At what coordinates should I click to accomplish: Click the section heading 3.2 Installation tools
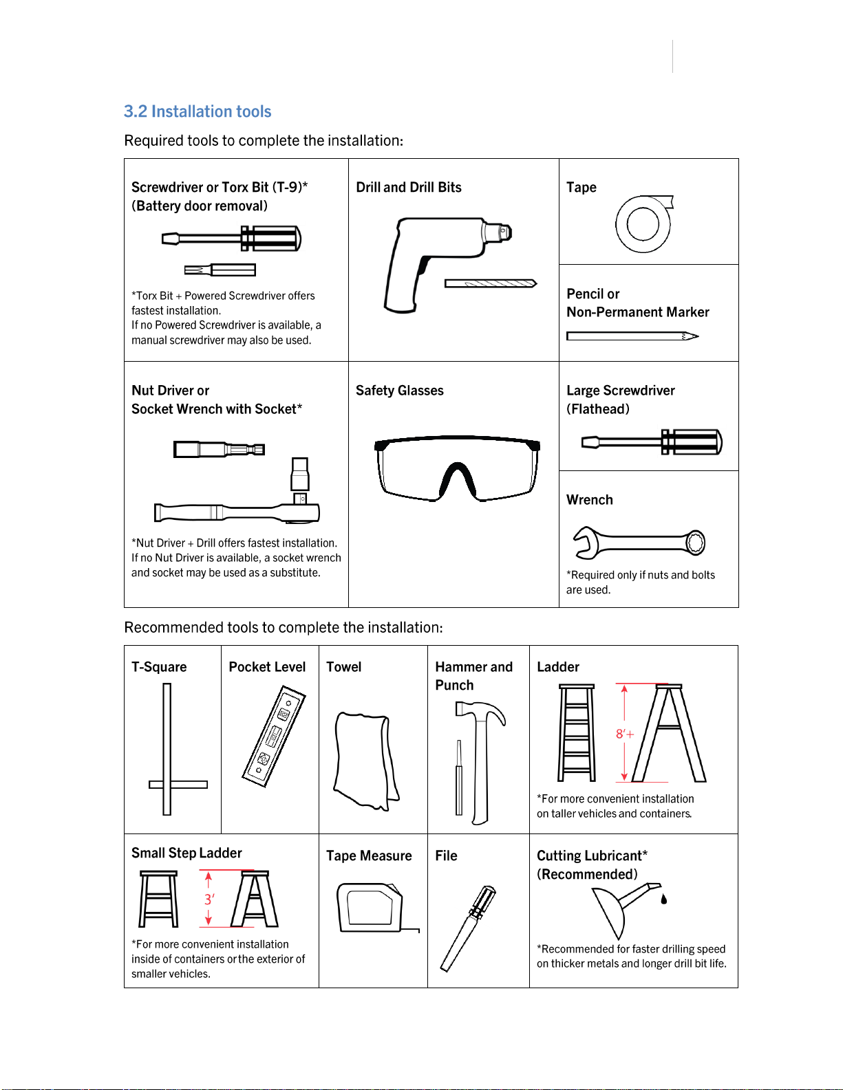[198, 111]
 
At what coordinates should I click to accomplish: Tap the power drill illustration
[434, 258]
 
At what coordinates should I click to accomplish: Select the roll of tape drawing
[643, 224]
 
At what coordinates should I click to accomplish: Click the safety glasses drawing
[456, 468]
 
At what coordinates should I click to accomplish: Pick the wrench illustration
[639, 543]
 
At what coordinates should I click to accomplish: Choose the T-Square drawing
[168, 750]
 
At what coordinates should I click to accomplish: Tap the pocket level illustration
[274, 736]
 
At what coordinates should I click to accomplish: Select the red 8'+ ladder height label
[624, 734]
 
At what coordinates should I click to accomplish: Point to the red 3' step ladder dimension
[209, 899]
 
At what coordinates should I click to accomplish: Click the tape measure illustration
[372, 908]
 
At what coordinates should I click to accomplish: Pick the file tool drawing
[468, 928]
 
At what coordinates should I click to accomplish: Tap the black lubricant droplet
[664, 899]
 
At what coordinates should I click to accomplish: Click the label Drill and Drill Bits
[409, 187]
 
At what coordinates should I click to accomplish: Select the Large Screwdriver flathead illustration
[651, 442]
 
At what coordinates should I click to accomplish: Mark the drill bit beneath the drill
[490, 283]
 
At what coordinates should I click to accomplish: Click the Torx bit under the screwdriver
[220, 270]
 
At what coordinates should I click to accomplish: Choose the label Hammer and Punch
[473, 675]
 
